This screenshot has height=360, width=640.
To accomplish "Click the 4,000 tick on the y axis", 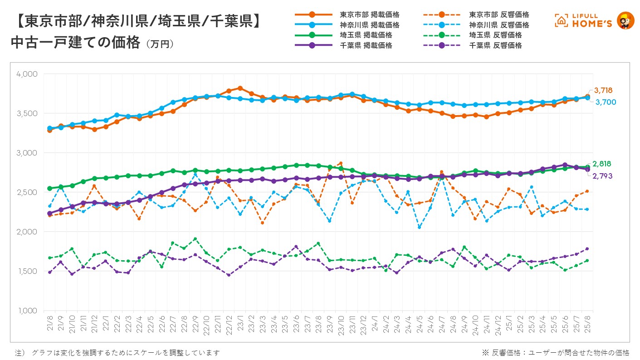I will click(x=28, y=74).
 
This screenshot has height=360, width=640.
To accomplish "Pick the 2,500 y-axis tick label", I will click(x=28, y=192).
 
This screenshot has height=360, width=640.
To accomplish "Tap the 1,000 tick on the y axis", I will click(x=28, y=311).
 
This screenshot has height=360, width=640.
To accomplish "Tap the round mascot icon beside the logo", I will click(x=626, y=20).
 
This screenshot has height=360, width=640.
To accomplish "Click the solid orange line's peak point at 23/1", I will click(x=240, y=88).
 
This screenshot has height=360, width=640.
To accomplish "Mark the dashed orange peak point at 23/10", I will click(x=341, y=163).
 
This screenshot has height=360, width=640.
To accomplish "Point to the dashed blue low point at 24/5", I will click(x=419, y=227).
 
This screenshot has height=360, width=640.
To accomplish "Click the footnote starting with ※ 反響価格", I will click(x=555, y=352).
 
